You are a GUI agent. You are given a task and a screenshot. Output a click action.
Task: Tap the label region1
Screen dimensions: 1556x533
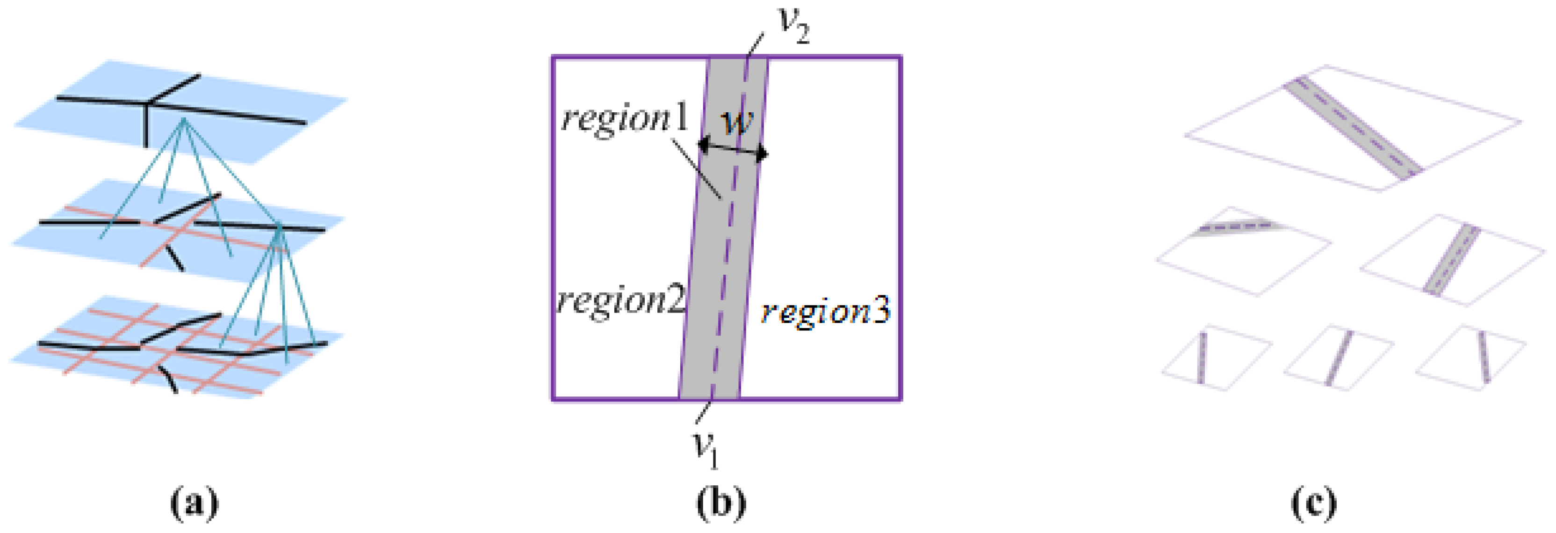pyautogui.click(x=625, y=119)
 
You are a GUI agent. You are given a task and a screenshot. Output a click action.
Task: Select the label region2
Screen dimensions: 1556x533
pyautogui.click(x=621, y=300)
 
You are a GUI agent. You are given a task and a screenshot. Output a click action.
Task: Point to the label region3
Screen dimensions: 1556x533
pyautogui.click(x=825, y=312)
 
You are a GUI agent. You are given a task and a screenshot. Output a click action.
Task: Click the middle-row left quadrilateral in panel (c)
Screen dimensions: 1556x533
pyautogui.click(x=1238, y=260)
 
